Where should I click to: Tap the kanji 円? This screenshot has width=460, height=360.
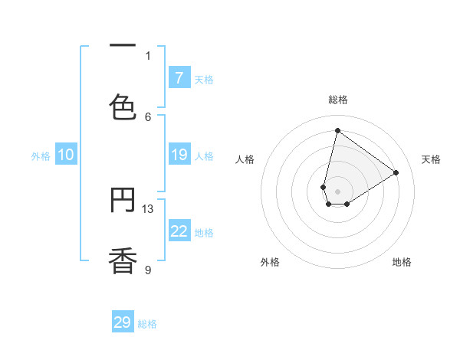pyautogui.click(x=123, y=201)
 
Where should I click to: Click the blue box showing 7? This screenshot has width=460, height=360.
pyautogui.click(x=179, y=77)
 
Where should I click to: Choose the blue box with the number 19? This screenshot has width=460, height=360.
pyautogui.click(x=179, y=155)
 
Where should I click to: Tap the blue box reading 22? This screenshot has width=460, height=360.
pyautogui.click(x=179, y=231)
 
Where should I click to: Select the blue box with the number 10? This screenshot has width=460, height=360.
pyautogui.click(x=66, y=155)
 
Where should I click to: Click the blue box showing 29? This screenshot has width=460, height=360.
pyautogui.click(x=123, y=322)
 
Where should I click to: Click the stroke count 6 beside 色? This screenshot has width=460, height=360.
pyautogui.click(x=148, y=116)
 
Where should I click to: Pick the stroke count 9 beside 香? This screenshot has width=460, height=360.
pyautogui.click(x=148, y=270)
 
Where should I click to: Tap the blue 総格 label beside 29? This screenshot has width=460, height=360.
pyautogui.click(x=147, y=324)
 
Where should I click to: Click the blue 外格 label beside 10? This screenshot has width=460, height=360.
pyautogui.click(x=41, y=156)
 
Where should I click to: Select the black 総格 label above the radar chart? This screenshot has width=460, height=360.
pyautogui.click(x=337, y=100)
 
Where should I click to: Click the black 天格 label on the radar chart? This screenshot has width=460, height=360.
pyautogui.click(x=432, y=159)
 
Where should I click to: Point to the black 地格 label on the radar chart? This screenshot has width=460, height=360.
pyautogui.click(x=402, y=262)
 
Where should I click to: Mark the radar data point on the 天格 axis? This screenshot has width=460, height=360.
pyautogui.click(x=396, y=172)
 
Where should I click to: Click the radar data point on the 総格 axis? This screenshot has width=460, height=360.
pyautogui.click(x=337, y=130)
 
